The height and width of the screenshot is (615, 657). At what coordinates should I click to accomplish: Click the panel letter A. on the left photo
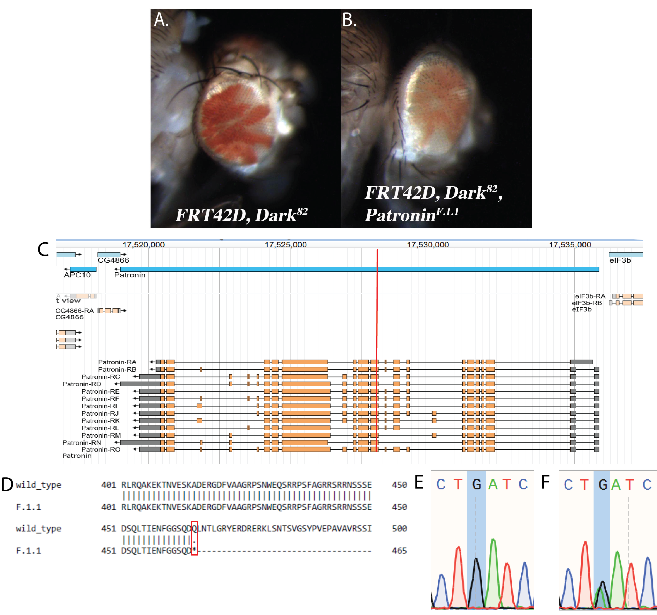[x=161, y=20]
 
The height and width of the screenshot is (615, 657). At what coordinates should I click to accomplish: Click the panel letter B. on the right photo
[x=349, y=20]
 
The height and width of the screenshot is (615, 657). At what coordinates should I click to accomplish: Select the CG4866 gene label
[x=113, y=260]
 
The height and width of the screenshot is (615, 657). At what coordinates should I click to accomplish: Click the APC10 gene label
[x=77, y=275]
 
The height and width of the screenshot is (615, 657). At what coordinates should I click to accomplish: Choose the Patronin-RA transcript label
[x=117, y=362]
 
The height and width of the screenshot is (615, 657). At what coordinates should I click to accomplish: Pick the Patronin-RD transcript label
[x=82, y=384]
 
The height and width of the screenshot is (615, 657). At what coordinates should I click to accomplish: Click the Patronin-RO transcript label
[x=101, y=449]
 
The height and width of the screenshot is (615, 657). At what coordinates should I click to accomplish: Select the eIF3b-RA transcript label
[x=590, y=296]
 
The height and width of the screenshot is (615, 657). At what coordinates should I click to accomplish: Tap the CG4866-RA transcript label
[x=74, y=311]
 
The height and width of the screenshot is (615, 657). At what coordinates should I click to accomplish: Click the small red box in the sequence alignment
[x=194, y=538]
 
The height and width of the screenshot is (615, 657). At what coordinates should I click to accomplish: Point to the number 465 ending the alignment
[x=399, y=551]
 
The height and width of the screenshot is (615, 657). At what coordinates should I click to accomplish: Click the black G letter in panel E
[x=476, y=485]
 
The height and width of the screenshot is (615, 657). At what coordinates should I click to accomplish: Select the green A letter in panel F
[x=615, y=485]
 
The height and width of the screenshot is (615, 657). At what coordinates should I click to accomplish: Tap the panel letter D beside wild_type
[x=7, y=485]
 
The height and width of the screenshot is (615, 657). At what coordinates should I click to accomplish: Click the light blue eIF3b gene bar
[x=626, y=255]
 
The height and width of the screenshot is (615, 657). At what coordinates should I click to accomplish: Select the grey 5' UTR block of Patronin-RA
[x=582, y=362]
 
